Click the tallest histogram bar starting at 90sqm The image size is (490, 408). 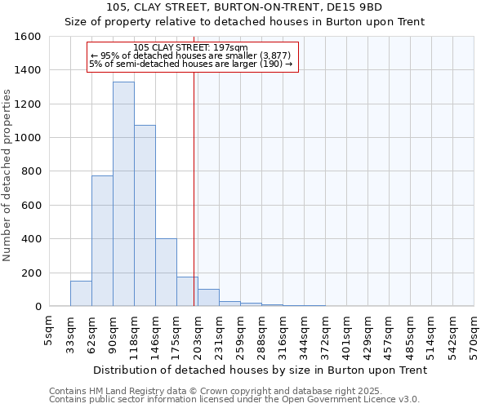pyautogui.click(x=123, y=194)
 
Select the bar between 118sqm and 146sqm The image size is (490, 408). pyautogui.click(x=145, y=215)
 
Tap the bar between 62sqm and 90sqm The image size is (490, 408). pyautogui.click(x=102, y=241)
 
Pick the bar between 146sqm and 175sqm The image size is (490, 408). pyautogui.click(x=166, y=273)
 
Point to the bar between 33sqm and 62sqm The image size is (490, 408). pyautogui.click(x=81, y=294)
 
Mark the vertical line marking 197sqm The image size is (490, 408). pyautogui.click(x=194, y=188)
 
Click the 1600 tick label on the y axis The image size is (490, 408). pyautogui.click(x=28, y=37)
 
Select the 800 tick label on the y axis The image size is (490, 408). pyautogui.click(x=31, y=171)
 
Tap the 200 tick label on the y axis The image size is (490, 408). pyautogui.click(x=31, y=273)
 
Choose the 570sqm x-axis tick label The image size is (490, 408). pyautogui.click(x=474, y=335)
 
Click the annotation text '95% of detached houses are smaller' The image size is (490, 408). pyautogui.click(x=190, y=55)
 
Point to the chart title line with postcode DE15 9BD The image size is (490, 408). pyautogui.click(x=244, y=7)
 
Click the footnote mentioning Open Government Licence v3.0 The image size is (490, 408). pyautogui.click(x=234, y=400)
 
